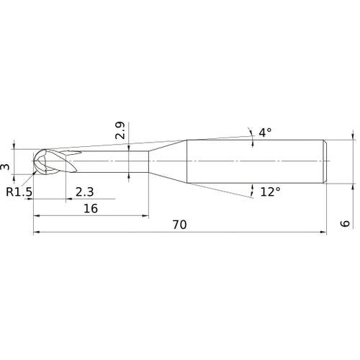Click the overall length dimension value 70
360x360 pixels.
pos(179,225)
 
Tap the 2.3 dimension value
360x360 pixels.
pos(84,191)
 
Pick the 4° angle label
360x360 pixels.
pos(265,132)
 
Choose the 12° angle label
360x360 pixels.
pos(270,192)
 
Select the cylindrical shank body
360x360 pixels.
pos(256,159)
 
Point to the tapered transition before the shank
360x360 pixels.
pos(167,159)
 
